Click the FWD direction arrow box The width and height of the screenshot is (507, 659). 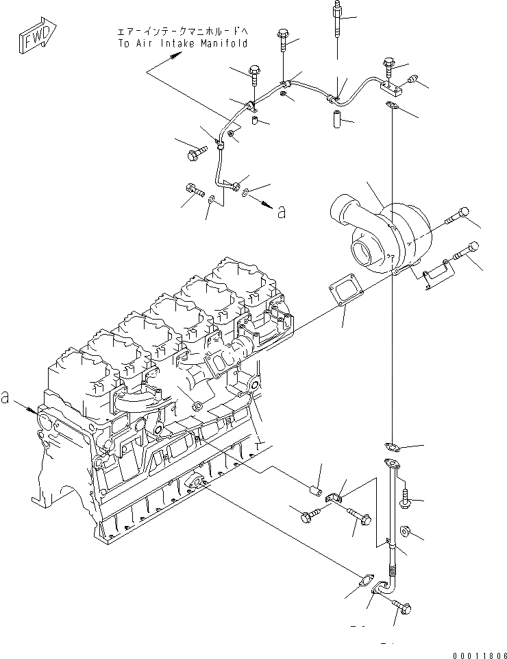[x=34, y=40]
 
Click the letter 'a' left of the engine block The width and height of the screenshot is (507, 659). [x=6, y=396]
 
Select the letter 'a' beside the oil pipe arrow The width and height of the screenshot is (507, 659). [x=281, y=213]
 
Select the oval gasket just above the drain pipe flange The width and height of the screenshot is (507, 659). [x=393, y=446]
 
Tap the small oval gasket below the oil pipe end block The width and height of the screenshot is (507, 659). [x=393, y=106]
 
